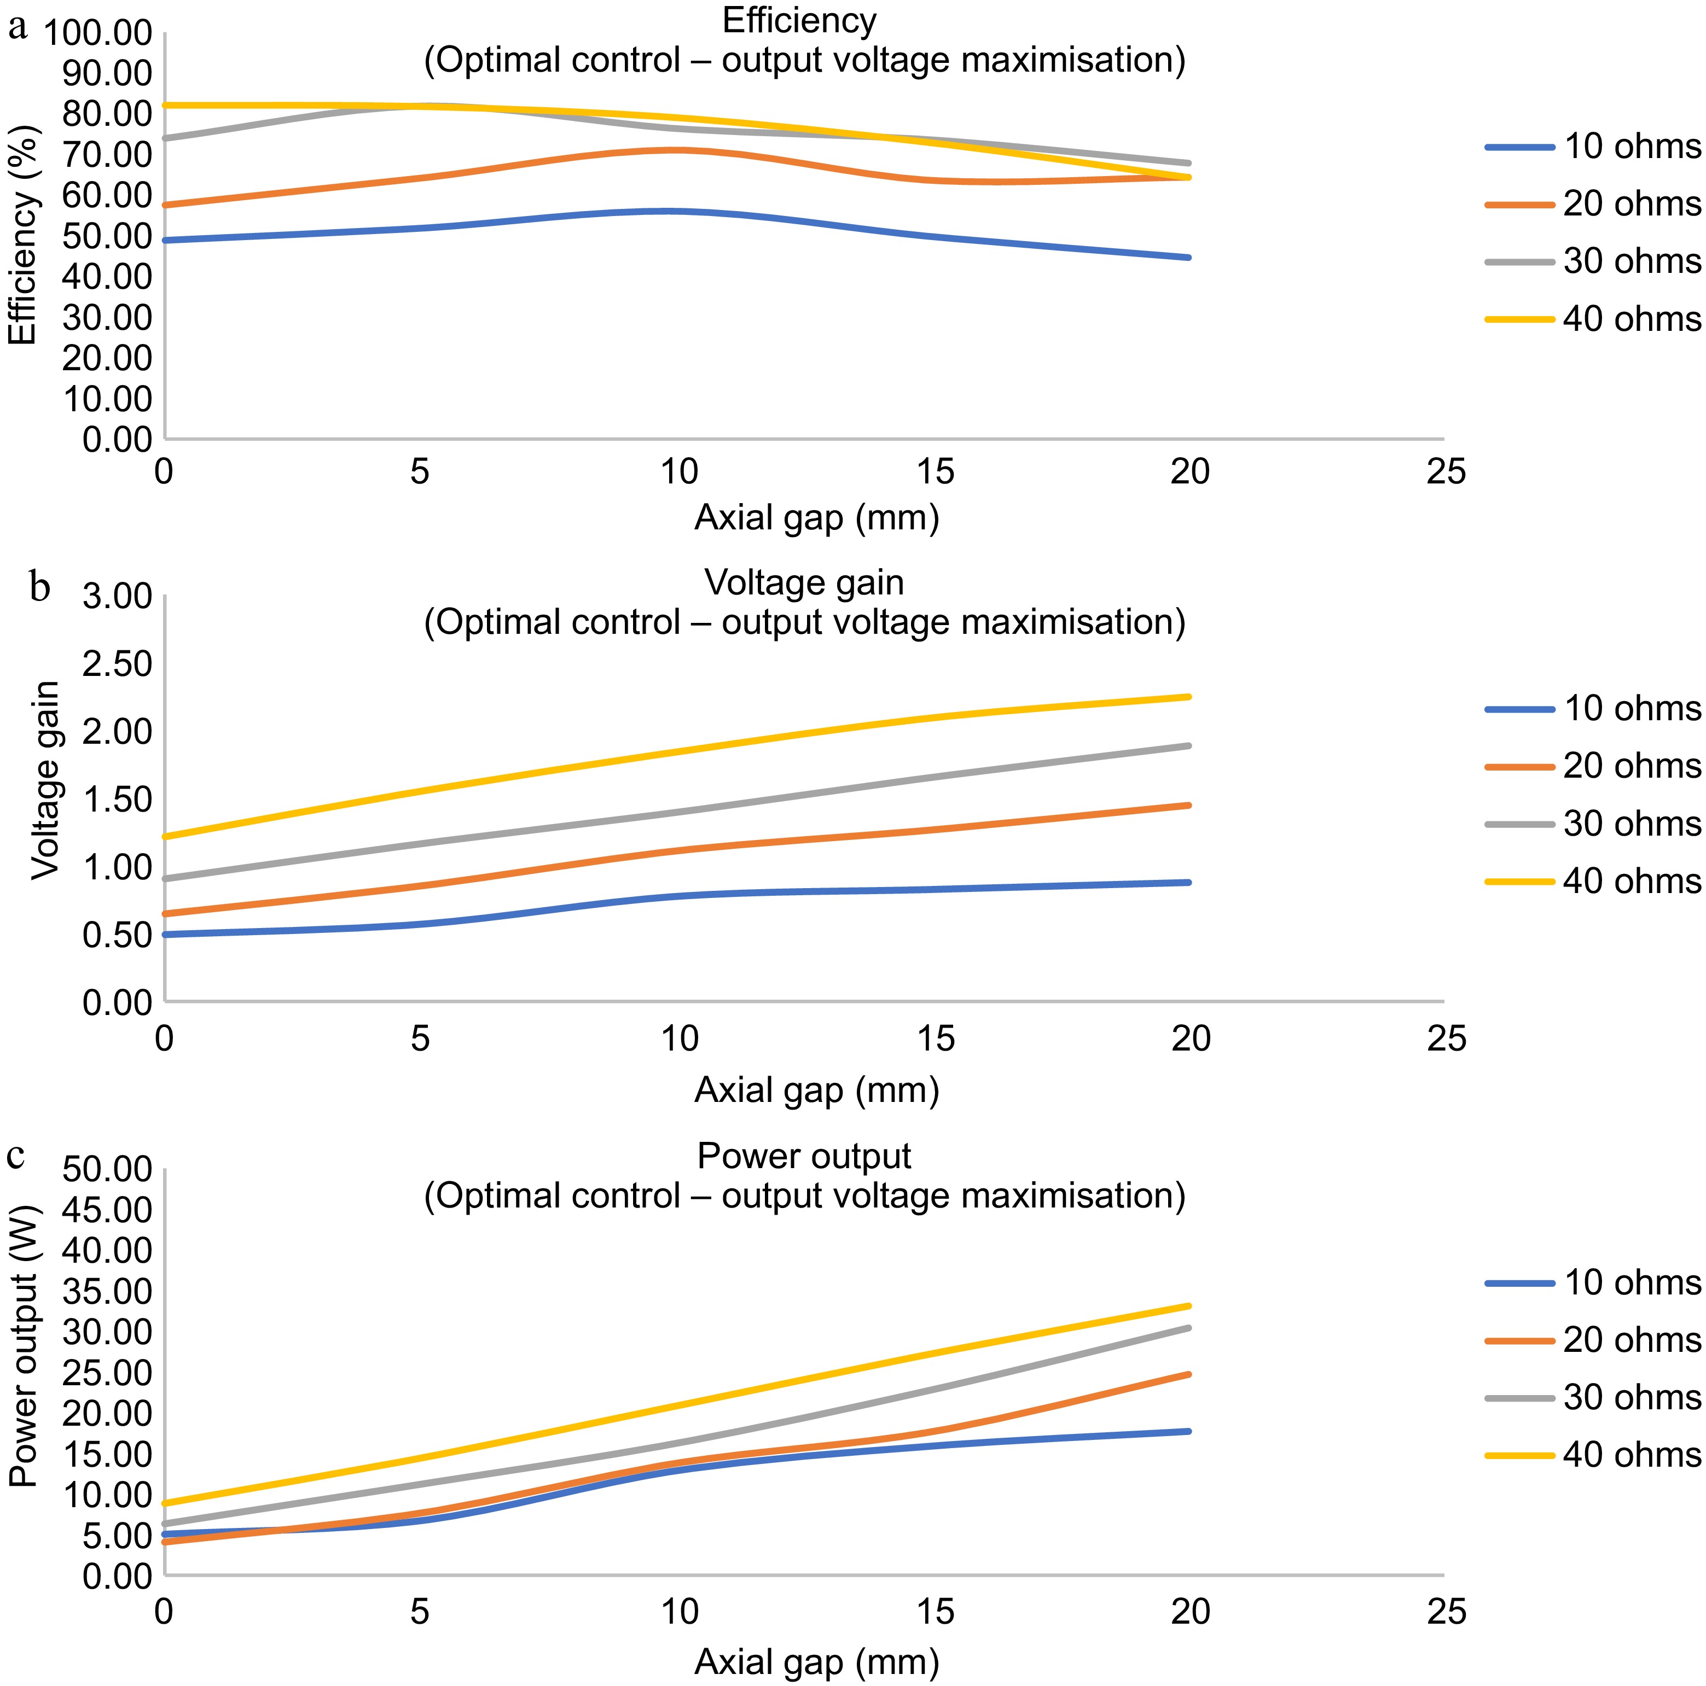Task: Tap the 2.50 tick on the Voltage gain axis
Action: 118,664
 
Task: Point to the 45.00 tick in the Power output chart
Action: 107,1209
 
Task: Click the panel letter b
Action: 40,587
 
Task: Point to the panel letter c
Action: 16,1154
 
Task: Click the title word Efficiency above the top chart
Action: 799,20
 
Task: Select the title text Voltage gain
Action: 804,582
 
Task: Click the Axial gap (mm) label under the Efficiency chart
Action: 817,517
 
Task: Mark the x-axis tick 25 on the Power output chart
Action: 1446,1612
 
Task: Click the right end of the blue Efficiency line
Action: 1188,258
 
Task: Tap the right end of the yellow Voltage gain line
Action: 1188,697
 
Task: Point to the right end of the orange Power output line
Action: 1188,1374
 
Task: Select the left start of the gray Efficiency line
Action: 166,138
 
